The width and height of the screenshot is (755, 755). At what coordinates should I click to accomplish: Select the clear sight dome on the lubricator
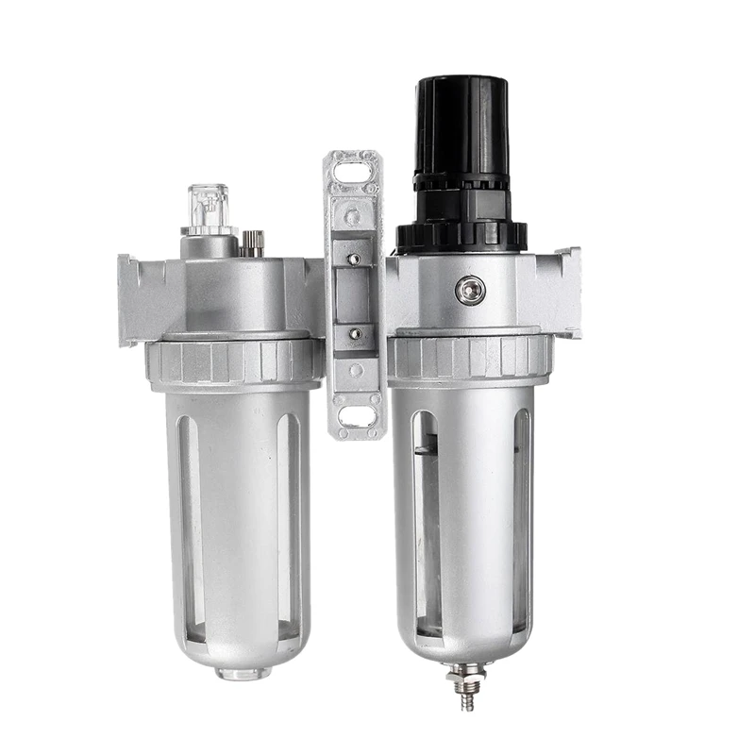(208, 208)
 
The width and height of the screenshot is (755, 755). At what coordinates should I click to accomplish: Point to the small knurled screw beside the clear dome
(250, 244)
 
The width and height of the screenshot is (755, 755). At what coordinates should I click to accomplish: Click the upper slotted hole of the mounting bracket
(353, 173)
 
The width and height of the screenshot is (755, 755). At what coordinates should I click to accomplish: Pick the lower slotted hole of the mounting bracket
(355, 416)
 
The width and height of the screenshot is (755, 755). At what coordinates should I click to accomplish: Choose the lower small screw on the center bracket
(354, 333)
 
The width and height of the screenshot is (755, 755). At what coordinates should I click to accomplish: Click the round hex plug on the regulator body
(469, 290)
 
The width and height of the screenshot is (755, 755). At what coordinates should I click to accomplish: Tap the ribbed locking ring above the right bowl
(469, 356)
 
